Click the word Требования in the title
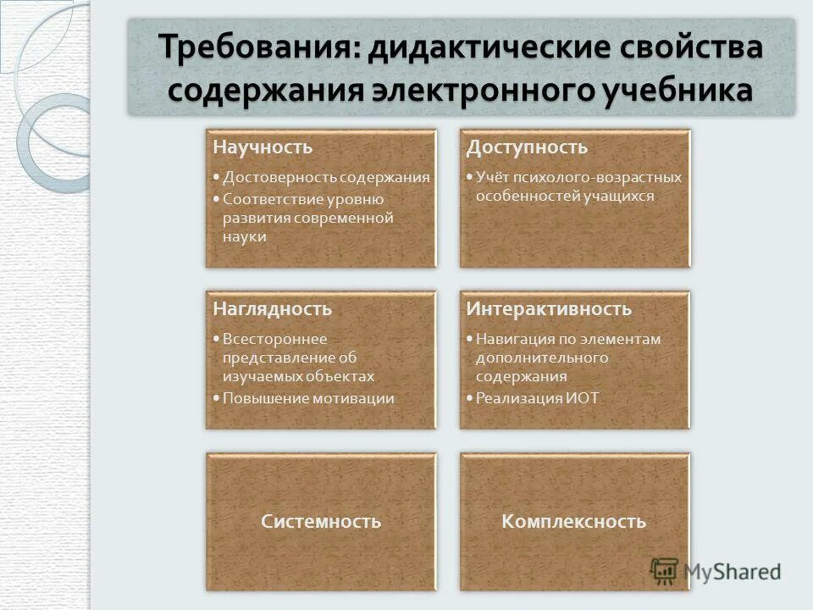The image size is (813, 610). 260,47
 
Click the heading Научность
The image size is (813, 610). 263,147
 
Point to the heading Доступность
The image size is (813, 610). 527,147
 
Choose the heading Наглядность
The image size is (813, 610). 272,309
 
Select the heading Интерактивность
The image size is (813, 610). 549,309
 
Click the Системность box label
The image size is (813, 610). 321,521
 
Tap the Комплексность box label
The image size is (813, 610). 573,521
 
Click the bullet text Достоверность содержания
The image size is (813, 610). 326,178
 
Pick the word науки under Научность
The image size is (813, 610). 245,236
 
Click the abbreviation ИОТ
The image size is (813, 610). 582,397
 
